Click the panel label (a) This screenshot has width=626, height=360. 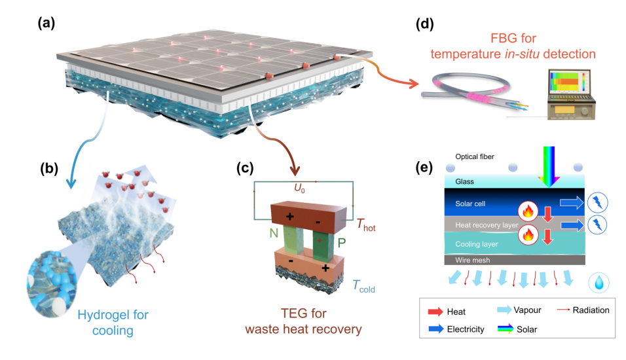click(47, 24)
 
